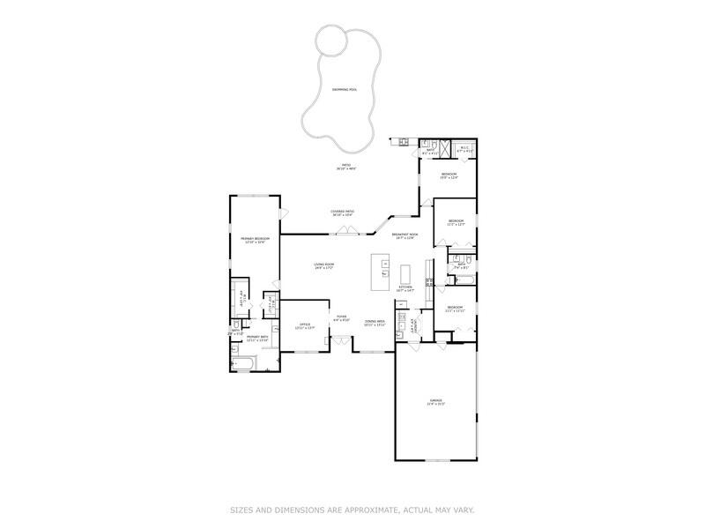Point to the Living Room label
pyautogui.click(x=324, y=265)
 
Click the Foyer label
pyautogui.click(x=341, y=318)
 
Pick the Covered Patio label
pyautogui.click(x=343, y=212)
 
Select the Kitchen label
pyautogui.click(x=405, y=288)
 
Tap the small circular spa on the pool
pyautogui.click(x=331, y=39)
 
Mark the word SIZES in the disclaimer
pyautogui.click(x=245, y=510)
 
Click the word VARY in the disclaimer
pyautogui.click(x=464, y=510)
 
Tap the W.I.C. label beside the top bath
pyautogui.click(x=465, y=150)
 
